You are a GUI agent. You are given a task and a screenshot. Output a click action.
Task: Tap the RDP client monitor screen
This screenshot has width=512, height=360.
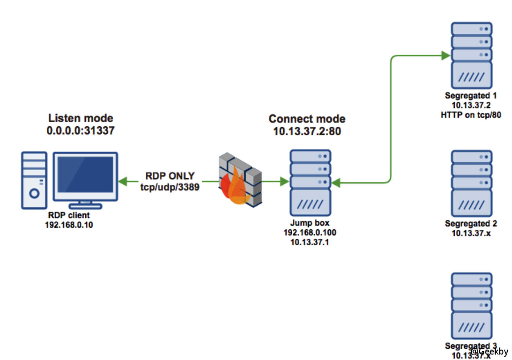(85, 175)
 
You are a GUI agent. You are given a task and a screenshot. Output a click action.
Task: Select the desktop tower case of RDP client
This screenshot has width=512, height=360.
(34, 180)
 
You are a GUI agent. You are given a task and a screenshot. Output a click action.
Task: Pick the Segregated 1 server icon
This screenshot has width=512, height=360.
(471, 55)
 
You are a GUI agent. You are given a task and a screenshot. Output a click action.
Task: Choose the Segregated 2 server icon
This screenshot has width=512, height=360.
(471, 183)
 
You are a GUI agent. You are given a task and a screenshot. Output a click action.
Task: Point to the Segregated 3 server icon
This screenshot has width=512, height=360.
(471, 306)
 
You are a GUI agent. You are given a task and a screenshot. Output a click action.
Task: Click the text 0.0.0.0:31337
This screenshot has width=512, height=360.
(81, 131)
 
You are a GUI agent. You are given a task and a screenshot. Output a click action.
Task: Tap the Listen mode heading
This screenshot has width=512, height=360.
(81, 118)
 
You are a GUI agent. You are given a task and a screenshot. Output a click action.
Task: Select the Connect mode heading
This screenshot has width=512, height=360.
(307, 119)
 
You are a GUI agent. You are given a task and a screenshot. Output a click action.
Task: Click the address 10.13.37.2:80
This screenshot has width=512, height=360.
(307, 131)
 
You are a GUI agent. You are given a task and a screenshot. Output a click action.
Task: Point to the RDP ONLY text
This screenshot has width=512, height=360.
(170, 176)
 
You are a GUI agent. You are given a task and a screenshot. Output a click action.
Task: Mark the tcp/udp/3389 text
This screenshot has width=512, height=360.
(170, 187)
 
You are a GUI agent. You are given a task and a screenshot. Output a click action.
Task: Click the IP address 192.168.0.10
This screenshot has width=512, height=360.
(69, 225)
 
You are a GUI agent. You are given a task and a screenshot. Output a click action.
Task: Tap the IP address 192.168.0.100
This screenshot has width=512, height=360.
(310, 233)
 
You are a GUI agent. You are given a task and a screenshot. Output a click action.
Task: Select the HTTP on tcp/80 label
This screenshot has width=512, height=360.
(471, 115)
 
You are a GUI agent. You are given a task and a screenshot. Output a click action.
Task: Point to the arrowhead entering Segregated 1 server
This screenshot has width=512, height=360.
(446, 56)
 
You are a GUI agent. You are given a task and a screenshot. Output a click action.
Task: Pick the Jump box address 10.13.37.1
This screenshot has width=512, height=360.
(310, 242)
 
